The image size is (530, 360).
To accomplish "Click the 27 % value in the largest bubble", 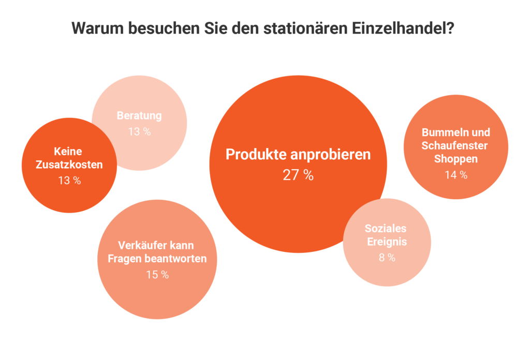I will pyautogui.click(x=298, y=175).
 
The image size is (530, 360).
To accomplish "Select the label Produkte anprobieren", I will pyautogui.click(x=298, y=155).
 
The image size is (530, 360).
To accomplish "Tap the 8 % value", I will pyautogui.click(x=387, y=257).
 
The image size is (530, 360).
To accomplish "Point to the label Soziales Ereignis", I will pyautogui.click(x=386, y=234).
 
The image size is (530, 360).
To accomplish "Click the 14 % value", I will pyautogui.click(x=455, y=175).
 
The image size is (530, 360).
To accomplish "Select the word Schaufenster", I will pyautogui.click(x=455, y=145).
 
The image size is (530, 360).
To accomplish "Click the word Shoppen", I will pyautogui.click(x=455, y=159).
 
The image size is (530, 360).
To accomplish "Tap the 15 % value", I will pyautogui.click(x=157, y=275).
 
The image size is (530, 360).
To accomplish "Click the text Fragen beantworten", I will pyautogui.click(x=157, y=259).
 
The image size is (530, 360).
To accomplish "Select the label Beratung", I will pyautogui.click(x=139, y=115).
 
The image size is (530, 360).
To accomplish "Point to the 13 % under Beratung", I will pyautogui.click(x=139, y=131).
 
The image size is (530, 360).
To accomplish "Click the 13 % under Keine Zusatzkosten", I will pyautogui.click(x=69, y=181).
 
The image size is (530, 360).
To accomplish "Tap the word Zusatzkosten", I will pyautogui.click(x=69, y=165).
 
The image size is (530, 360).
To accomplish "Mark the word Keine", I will pyautogui.click(x=68, y=152).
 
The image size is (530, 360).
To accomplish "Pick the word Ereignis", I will pyautogui.click(x=386, y=242).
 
